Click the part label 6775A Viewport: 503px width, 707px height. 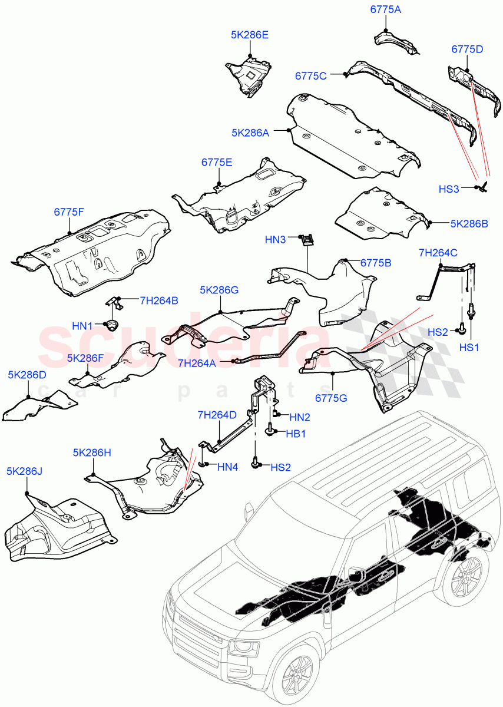[x=386, y=10]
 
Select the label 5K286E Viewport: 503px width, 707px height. [x=250, y=35]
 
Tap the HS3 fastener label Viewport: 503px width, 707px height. [x=449, y=189]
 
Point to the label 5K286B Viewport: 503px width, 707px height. [x=469, y=224]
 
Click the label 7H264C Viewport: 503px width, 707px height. [x=438, y=253]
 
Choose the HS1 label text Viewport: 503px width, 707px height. [x=469, y=348]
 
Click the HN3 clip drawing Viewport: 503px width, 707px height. [x=306, y=239]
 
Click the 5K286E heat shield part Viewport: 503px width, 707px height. [x=249, y=75]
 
